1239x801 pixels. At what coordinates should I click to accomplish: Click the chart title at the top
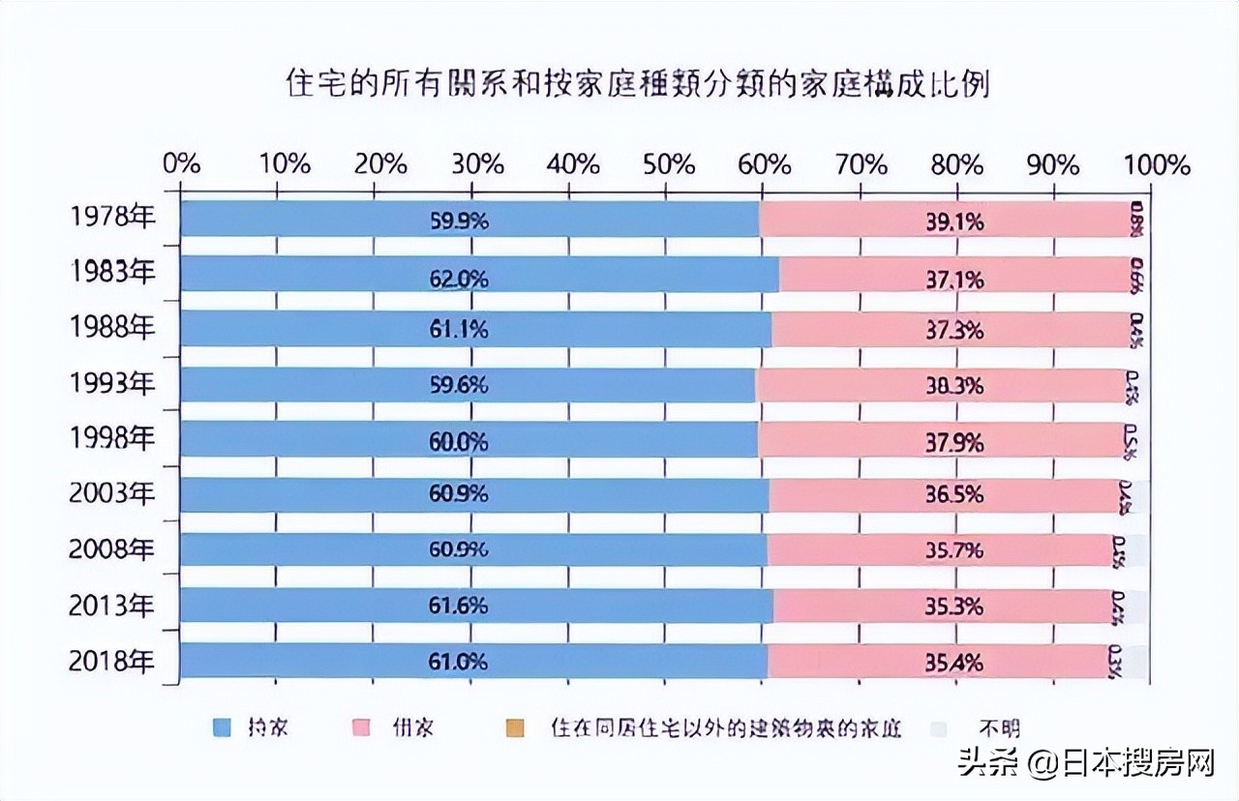click(x=638, y=84)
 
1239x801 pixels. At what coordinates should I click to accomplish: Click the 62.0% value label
click(x=459, y=280)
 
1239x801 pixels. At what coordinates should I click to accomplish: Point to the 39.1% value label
click(x=954, y=222)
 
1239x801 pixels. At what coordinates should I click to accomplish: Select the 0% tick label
click(x=182, y=164)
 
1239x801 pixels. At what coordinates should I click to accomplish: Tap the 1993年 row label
click(x=112, y=384)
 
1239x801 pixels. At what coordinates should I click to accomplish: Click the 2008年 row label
click(x=112, y=549)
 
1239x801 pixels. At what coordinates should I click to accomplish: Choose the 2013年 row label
click(x=112, y=607)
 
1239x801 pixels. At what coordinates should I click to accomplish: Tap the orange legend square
click(x=513, y=727)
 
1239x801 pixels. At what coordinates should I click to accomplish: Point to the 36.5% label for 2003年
click(x=954, y=494)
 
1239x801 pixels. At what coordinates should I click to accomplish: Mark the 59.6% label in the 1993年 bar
click(x=459, y=385)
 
